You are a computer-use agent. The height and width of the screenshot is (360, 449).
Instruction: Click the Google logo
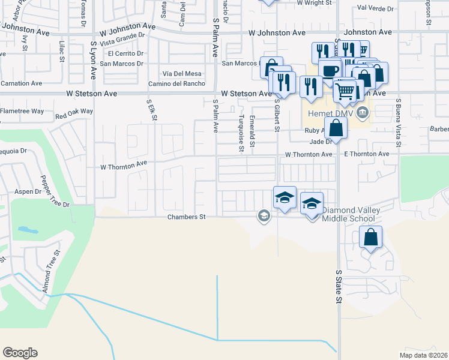[20, 353]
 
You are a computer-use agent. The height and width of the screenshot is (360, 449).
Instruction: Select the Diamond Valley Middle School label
[357, 214]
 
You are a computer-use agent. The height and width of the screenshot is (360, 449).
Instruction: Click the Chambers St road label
[187, 217]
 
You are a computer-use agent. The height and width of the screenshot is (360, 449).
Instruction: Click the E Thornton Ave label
[367, 154]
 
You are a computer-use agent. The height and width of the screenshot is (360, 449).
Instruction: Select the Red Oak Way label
[74, 111]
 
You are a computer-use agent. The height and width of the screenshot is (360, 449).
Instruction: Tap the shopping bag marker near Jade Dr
[337, 128]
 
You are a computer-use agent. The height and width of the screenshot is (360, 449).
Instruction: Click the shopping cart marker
[345, 91]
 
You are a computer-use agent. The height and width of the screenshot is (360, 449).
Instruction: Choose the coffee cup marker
[329, 70]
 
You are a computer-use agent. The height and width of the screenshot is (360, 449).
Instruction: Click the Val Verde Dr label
[375, 9]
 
